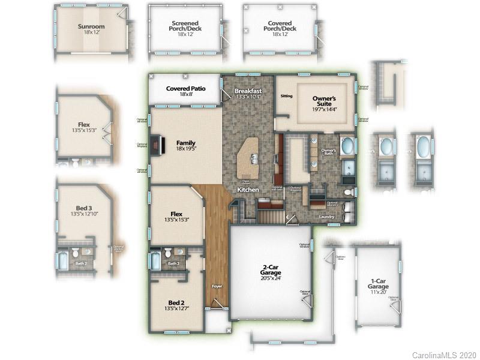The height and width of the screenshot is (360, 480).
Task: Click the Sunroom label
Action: coord(91,26)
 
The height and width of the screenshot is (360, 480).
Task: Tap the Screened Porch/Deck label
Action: coord(185,26)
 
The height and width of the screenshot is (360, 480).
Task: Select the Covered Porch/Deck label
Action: coord(281,26)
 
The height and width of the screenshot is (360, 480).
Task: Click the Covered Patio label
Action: coord(185,89)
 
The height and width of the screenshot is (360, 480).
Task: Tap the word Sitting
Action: coord(287,96)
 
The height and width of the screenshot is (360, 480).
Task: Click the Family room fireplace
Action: coord(156,143)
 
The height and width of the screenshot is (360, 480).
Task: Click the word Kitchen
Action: coord(248,189)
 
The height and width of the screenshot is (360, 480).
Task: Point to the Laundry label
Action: coord(327,217)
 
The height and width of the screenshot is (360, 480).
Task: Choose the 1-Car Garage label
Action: coord(378,287)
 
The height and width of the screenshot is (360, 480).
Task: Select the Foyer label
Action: coord(218,286)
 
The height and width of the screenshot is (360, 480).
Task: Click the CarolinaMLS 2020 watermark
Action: coord(444,355)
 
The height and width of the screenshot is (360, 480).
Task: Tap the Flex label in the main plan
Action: coord(176,214)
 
